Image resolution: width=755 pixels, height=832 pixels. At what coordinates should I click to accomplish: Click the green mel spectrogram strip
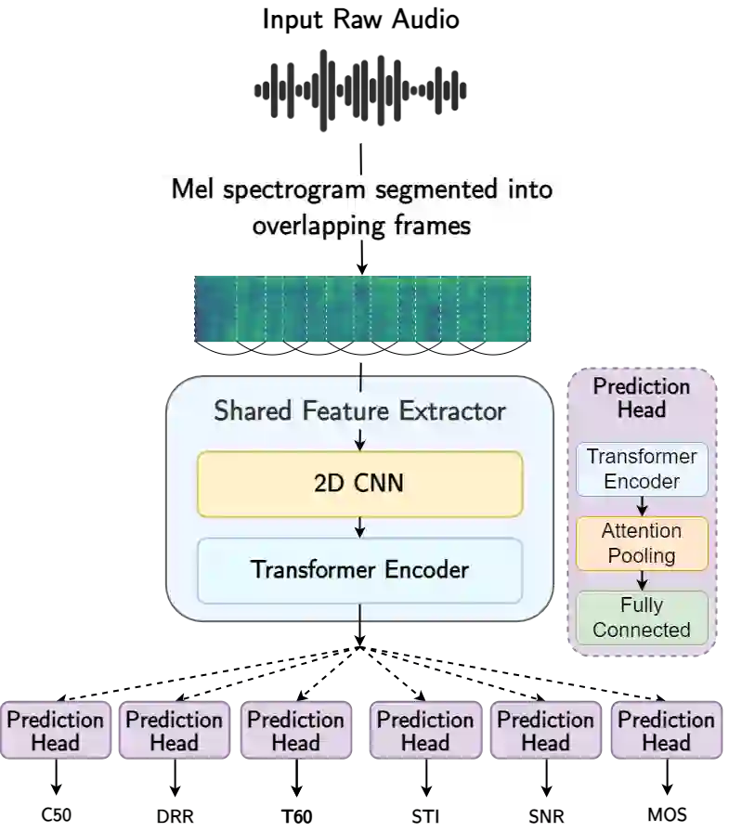[x=362, y=310]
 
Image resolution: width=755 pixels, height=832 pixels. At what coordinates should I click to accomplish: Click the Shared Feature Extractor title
[x=359, y=410]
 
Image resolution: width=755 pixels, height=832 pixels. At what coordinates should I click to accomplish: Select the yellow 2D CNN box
[x=359, y=484]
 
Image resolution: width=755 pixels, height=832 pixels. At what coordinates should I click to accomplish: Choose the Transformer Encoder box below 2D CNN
[x=359, y=569]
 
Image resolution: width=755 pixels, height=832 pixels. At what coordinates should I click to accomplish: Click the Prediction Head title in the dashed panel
[x=642, y=397]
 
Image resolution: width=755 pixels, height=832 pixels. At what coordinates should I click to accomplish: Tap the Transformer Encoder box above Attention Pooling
[x=642, y=469]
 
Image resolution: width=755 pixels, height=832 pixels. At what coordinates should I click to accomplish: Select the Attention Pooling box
[x=642, y=543]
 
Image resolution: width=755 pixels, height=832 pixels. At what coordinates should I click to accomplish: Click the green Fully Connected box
[x=642, y=617]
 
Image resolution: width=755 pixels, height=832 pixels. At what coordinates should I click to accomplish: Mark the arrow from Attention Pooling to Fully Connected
[x=642, y=580]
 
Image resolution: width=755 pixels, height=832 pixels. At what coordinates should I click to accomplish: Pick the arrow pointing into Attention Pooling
[x=642, y=507]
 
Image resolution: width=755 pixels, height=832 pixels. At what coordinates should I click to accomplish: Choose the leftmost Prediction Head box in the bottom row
[x=56, y=731]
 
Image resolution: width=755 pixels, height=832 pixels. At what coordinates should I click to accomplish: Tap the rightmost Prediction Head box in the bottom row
[x=666, y=731]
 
